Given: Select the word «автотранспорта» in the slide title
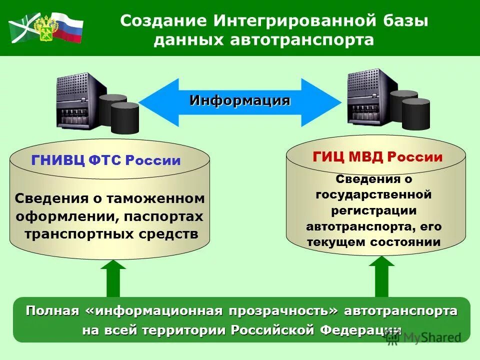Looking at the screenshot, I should pos(302,40).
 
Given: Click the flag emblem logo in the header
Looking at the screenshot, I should pos(45,28).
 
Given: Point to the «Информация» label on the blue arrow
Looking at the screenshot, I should pos(239,100).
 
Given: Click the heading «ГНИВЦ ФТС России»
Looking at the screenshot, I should pos(105,161).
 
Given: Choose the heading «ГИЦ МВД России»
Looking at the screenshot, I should pos(377,157).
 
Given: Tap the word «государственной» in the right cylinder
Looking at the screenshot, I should pos(373,193).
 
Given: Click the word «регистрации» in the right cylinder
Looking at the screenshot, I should pos(373,210).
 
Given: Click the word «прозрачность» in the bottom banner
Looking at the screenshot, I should pos(283,311).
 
